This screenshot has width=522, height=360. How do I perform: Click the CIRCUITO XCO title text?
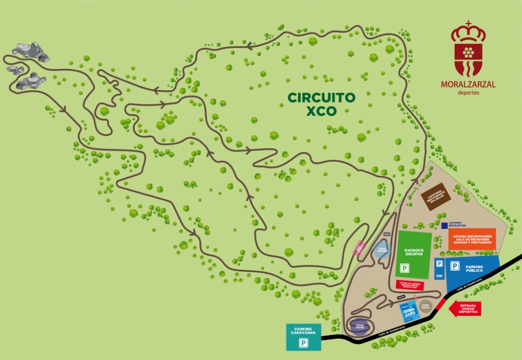[x=322, y=104]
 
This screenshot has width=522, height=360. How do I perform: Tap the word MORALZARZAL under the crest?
[x=468, y=85]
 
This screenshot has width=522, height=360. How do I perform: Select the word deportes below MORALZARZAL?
[x=468, y=93]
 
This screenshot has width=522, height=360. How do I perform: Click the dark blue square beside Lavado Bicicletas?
[x=444, y=225]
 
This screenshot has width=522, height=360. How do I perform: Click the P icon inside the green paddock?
[x=404, y=269]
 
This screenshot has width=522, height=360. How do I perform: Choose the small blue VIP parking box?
[x=439, y=269]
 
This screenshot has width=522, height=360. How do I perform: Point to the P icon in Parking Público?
[x=455, y=267]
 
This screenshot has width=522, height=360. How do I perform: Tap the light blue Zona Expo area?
[x=409, y=311]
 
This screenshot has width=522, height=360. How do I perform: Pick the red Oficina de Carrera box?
[x=410, y=285]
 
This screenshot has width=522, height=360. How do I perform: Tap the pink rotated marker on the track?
[x=360, y=248]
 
